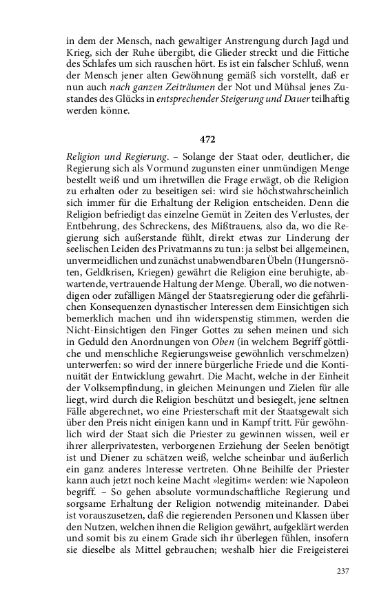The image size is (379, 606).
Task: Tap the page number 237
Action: coord(342,571)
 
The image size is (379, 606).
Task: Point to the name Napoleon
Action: coord(326,509)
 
